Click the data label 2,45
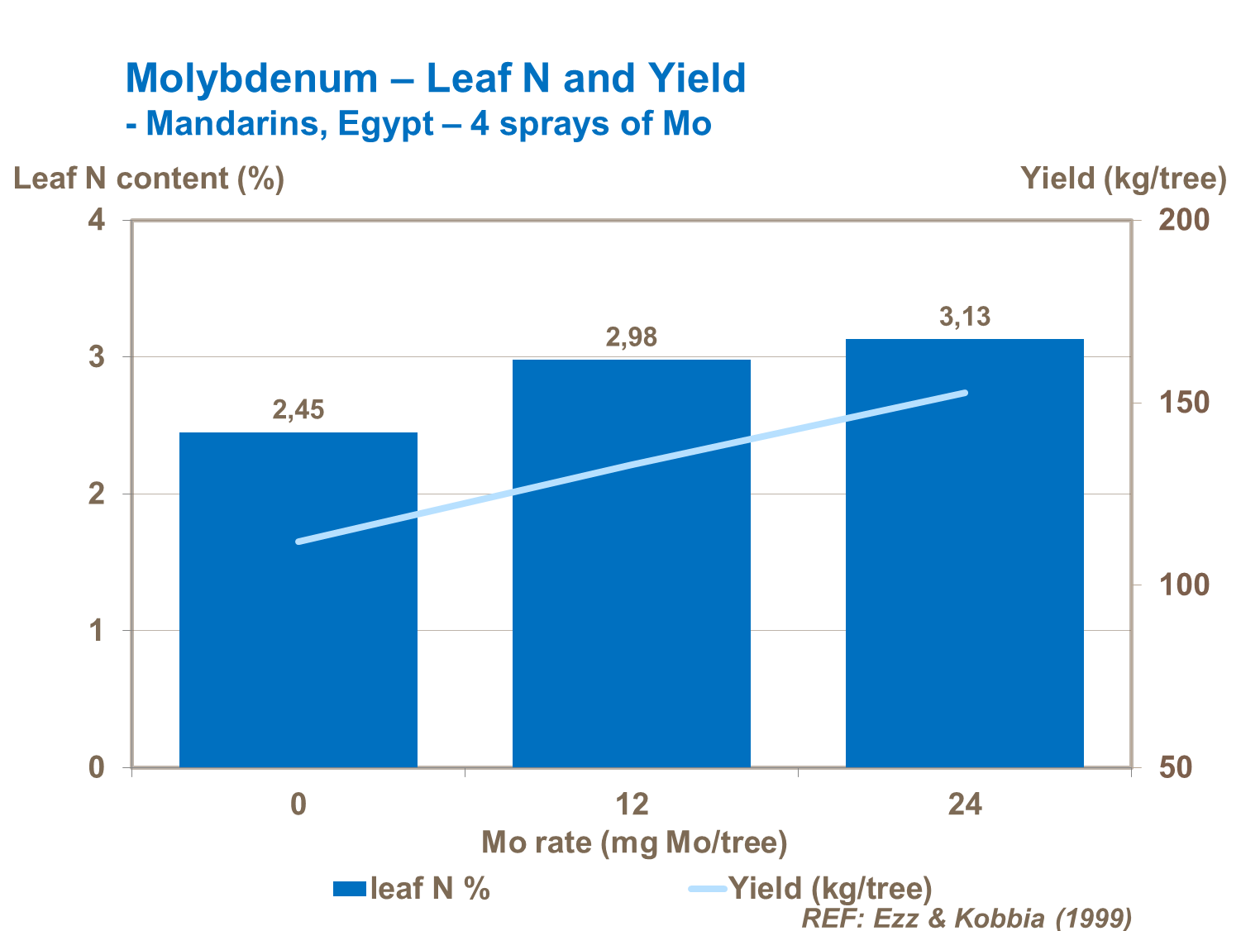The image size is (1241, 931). click(x=298, y=409)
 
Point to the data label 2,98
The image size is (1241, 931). click(x=632, y=337)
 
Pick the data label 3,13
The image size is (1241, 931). click(x=965, y=316)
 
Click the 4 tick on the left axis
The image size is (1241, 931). click(x=98, y=220)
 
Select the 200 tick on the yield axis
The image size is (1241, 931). click(x=1183, y=220)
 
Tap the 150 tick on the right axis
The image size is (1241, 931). click(x=1183, y=403)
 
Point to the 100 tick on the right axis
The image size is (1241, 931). click(x=1183, y=585)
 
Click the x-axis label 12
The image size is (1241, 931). click(x=632, y=804)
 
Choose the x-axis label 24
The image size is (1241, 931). click(x=965, y=804)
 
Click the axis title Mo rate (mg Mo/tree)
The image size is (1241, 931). click(x=634, y=843)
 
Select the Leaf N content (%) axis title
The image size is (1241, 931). click(x=149, y=179)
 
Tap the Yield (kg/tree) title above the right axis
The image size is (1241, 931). click(x=1123, y=179)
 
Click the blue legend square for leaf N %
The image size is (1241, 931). click(x=349, y=889)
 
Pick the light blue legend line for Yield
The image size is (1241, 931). click(x=708, y=889)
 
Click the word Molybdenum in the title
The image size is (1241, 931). click(x=251, y=79)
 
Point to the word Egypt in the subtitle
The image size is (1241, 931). click(x=386, y=124)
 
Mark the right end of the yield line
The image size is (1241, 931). click(x=964, y=393)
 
